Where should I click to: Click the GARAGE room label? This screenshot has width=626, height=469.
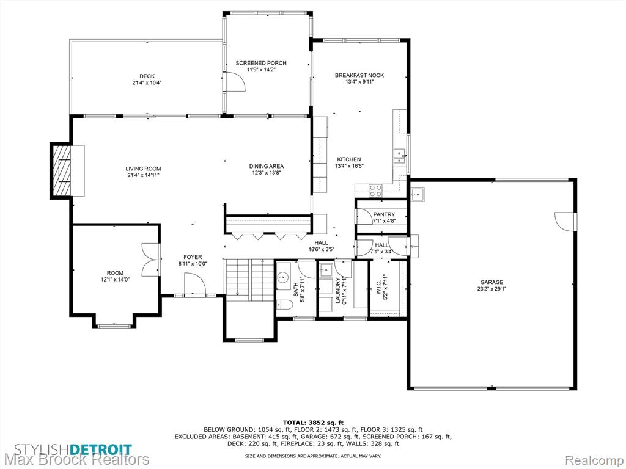[x=492, y=282]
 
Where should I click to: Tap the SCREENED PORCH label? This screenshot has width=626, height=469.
[x=260, y=63]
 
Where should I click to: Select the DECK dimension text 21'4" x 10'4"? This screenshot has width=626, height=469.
[x=147, y=83]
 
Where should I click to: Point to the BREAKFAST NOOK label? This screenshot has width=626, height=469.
[x=359, y=75]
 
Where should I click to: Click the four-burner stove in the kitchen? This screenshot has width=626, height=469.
[x=375, y=191]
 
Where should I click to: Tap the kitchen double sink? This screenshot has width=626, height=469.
[x=399, y=156]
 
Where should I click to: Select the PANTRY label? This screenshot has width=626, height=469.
[x=384, y=214]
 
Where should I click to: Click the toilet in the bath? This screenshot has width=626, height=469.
[x=285, y=305]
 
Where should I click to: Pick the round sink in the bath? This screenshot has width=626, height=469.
[x=284, y=276]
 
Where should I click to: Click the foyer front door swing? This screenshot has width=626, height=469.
[x=195, y=285]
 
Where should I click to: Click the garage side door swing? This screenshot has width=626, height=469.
[x=564, y=221]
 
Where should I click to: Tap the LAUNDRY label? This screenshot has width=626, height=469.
[x=337, y=290]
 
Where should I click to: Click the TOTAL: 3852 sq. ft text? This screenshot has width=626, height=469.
[x=313, y=423]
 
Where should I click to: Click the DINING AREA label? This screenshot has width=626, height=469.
[x=267, y=166]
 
